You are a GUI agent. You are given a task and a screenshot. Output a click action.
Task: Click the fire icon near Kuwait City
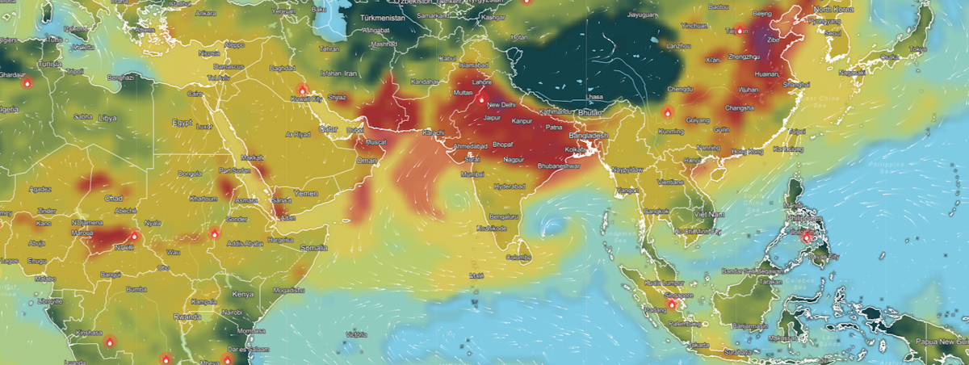click(303, 90)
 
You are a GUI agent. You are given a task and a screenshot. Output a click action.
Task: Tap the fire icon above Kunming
click(667, 112)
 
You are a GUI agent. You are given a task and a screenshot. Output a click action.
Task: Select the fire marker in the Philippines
click(805, 236)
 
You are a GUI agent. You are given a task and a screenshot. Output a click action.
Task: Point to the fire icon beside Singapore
click(672, 304)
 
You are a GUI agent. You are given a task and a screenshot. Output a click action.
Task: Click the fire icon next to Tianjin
click(739, 31)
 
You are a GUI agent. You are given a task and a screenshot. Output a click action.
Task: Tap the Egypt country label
click(182, 123)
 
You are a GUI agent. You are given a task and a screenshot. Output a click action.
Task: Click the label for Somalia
click(314, 248)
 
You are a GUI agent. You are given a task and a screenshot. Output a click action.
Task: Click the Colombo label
click(517, 258)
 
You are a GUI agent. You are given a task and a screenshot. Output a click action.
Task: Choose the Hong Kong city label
click(747, 152)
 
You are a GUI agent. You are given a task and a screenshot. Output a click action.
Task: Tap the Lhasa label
click(595, 97)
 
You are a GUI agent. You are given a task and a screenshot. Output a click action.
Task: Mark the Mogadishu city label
click(289, 290)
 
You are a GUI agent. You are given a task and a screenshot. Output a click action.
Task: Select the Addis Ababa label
click(245, 242)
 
